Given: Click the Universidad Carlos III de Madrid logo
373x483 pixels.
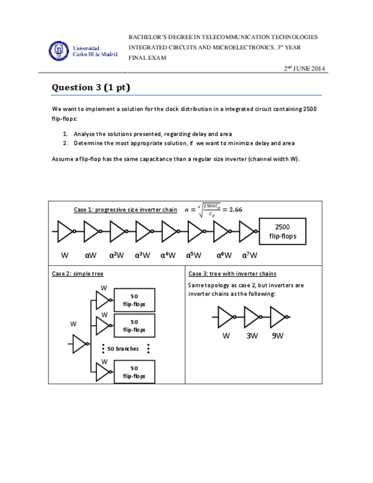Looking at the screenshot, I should pyautogui.click(x=83, y=51).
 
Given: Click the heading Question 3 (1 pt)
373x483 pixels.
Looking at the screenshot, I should pyautogui.click(x=91, y=87).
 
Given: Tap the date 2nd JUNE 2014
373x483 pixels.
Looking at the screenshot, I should pyautogui.click(x=304, y=69).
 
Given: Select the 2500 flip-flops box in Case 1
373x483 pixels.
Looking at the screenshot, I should pyautogui.click(x=282, y=231).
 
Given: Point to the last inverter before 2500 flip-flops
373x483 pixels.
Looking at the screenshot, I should pyautogui.click(x=247, y=231).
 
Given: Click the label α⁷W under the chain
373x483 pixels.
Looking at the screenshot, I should pyautogui.click(x=249, y=255).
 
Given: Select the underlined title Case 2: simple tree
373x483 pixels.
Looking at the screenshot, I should pyautogui.click(x=77, y=273).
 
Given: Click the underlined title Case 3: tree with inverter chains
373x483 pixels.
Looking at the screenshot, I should pyautogui.click(x=232, y=273).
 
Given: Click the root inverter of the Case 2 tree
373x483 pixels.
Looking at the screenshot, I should pyautogui.click(x=80, y=343).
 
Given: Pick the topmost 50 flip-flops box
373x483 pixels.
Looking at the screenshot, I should pyautogui.click(x=134, y=300).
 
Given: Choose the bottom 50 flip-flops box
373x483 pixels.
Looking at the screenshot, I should pyautogui.click(x=134, y=373).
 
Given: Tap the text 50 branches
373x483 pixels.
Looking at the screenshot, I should pyautogui.click(x=123, y=349).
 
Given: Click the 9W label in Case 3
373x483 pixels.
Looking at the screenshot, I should pyautogui.click(x=278, y=335).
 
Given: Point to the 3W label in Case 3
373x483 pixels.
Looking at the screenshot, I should pyautogui.click(x=252, y=335).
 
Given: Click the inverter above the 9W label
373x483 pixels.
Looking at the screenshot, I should pyautogui.click(x=278, y=317).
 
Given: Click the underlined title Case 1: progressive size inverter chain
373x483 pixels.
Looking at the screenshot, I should pyautogui.click(x=125, y=210).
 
